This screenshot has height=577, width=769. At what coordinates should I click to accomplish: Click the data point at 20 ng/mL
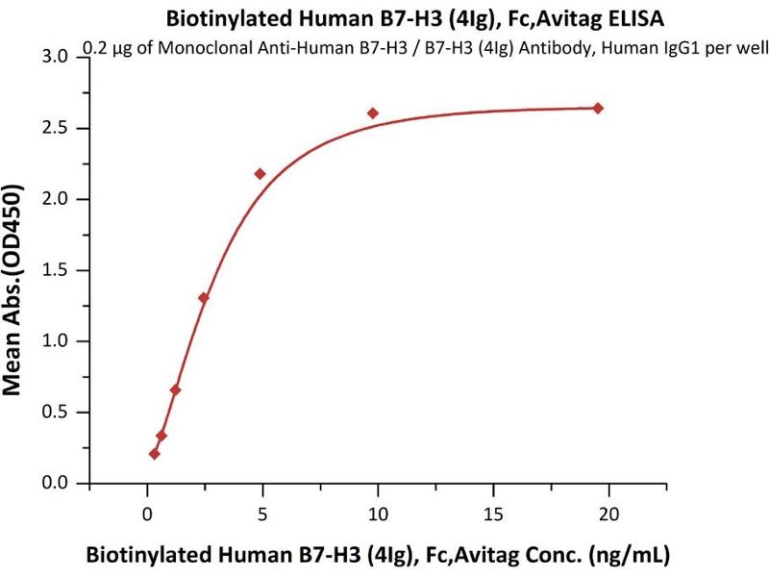(597, 108)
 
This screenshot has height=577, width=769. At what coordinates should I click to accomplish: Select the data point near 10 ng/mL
(373, 113)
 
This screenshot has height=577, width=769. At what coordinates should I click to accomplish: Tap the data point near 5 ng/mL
(260, 174)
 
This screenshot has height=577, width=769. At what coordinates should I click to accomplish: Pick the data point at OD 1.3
(203, 298)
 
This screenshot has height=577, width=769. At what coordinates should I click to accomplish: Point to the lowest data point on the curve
(154, 454)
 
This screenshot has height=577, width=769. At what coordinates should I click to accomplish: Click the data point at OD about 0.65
(175, 389)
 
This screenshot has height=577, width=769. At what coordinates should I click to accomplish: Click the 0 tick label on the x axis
(146, 514)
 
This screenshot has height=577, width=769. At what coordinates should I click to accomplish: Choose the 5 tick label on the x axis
(261, 514)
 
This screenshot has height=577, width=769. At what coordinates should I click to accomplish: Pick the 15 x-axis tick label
(492, 514)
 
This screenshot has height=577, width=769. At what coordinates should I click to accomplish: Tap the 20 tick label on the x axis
(608, 514)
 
